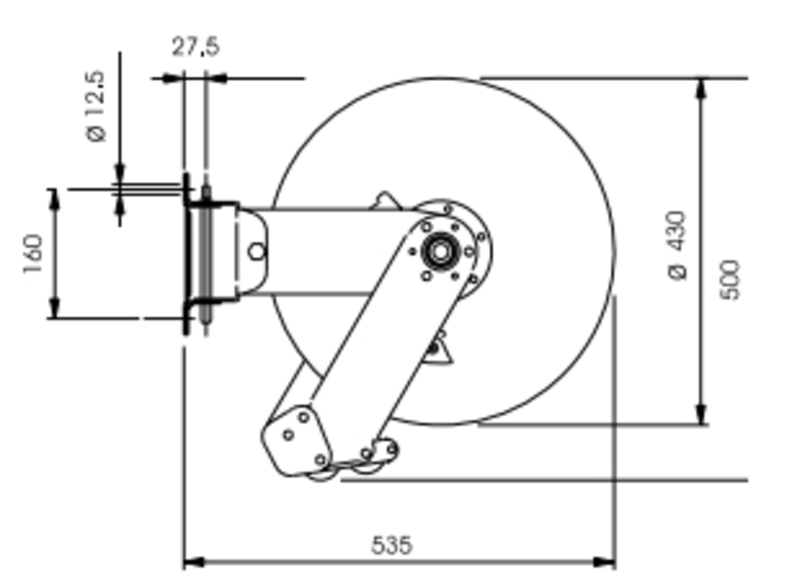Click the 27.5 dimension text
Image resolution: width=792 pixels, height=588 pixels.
[196, 47]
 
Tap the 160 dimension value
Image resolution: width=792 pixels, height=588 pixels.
[33, 254]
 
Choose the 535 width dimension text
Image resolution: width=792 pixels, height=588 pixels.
[392, 545]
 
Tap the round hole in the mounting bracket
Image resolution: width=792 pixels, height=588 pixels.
[257, 251]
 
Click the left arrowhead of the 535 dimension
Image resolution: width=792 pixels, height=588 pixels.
[194, 563]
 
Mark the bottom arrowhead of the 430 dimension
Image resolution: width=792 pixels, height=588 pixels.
[702, 414]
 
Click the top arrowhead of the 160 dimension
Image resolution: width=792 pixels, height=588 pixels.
[53, 199]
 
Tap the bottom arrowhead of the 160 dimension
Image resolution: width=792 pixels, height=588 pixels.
[53, 307]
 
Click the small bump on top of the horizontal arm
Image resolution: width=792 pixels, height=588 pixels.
[386, 200]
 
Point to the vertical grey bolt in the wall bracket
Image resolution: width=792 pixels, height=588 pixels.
[206, 253]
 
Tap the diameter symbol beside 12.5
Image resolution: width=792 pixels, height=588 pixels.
[97, 133]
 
